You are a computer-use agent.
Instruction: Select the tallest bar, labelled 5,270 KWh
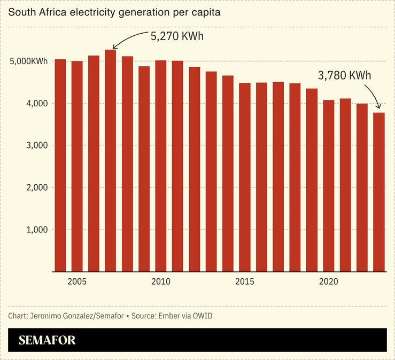click(x=111, y=160)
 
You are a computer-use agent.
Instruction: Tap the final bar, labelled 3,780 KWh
click(x=378, y=192)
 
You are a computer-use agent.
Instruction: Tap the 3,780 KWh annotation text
click(x=344, y=75)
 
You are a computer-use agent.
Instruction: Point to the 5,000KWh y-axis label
click(x=29, y=61)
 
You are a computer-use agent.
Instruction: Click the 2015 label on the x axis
click(x=245, y=281)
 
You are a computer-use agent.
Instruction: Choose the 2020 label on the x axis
click(x=328, y=281)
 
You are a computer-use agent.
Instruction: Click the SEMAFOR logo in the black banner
click(x=47, y=340)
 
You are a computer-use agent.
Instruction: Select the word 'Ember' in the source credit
click(x=168, y=316)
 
